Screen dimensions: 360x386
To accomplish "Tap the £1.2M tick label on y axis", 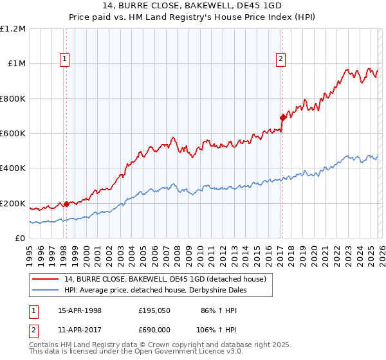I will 13,29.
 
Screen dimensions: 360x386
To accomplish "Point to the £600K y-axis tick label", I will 13,134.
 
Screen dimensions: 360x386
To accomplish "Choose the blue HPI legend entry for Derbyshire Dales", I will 155,290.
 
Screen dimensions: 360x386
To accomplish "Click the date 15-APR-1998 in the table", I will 80,310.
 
